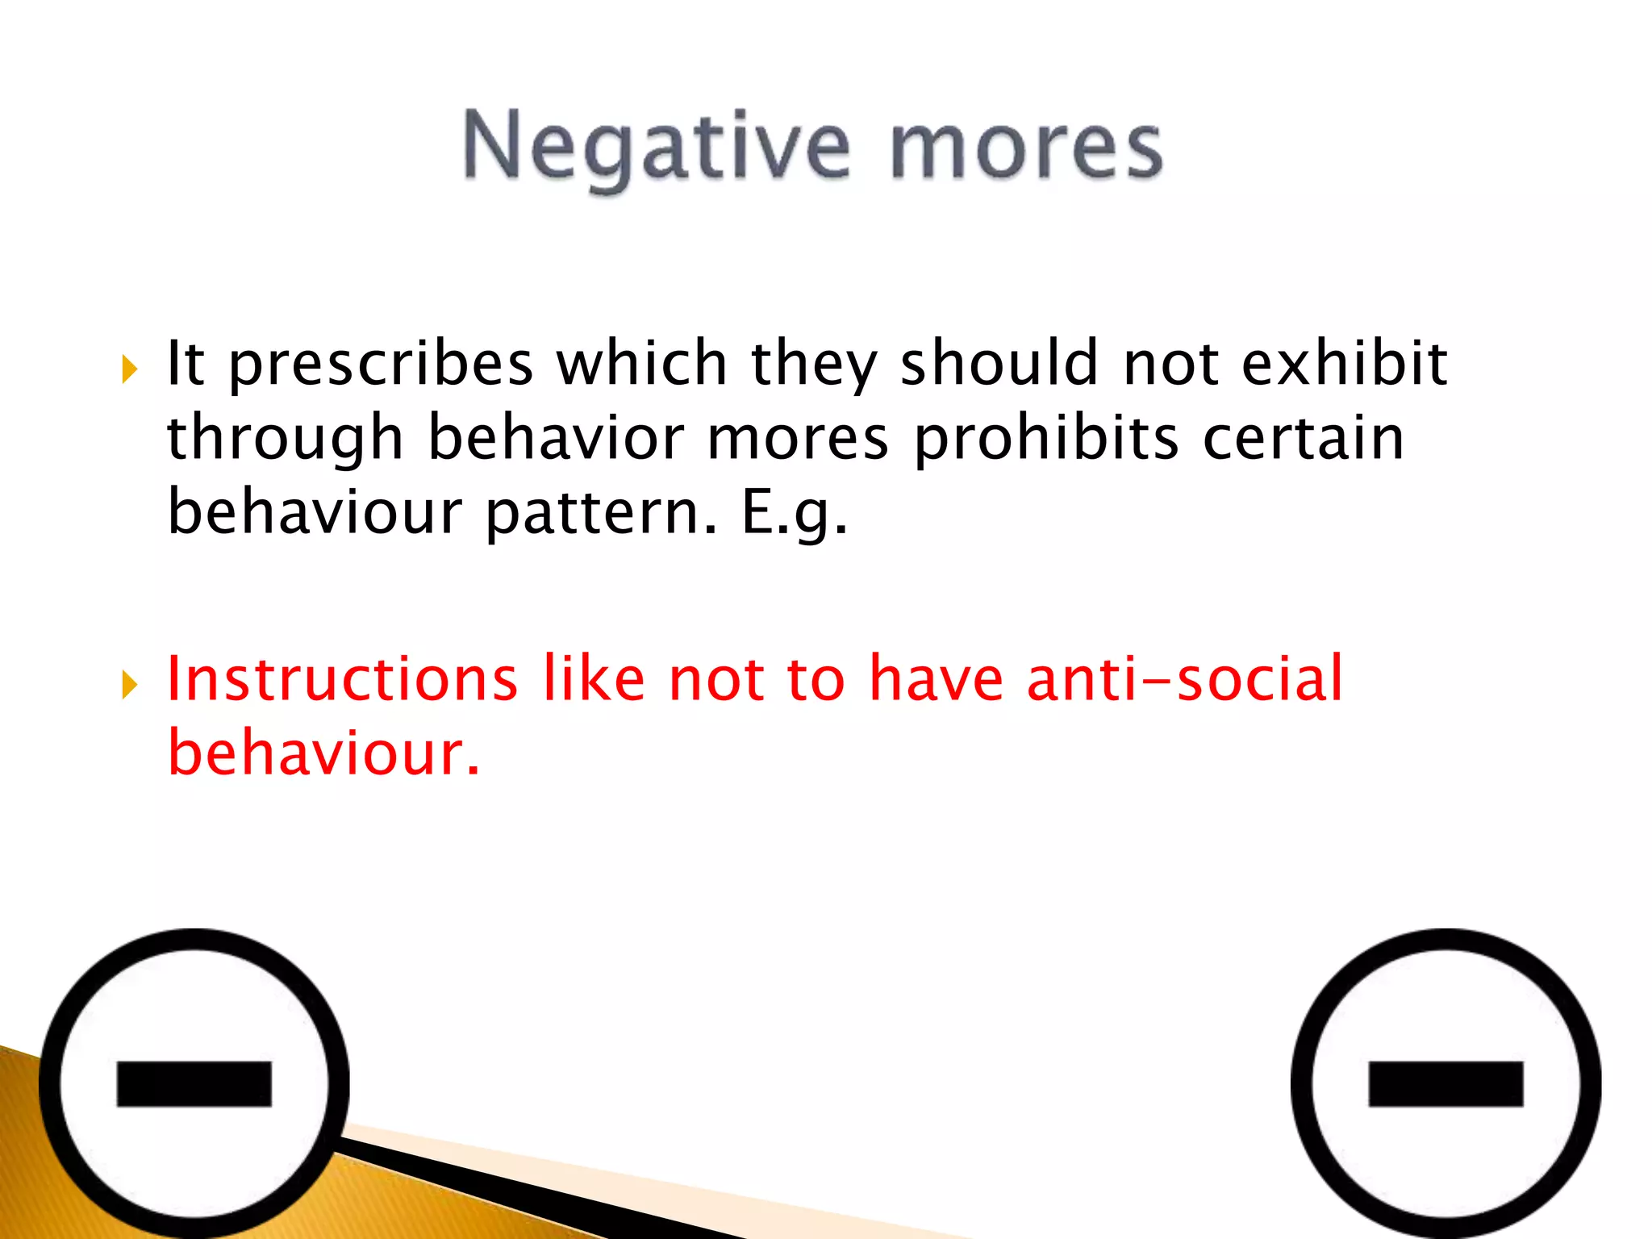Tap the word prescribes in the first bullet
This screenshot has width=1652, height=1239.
381,365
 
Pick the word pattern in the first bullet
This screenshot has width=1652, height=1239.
601,514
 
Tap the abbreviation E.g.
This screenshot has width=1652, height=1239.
795,514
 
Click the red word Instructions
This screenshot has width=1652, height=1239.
342,678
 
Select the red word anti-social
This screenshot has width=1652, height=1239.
1185,678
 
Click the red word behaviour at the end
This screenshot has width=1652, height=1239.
323,753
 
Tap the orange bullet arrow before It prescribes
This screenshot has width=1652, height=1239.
130,369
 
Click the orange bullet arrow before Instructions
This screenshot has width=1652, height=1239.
130,685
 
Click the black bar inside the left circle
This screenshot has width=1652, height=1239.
194,1083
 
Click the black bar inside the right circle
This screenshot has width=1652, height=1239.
1445,1083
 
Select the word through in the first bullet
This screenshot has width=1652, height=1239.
285,440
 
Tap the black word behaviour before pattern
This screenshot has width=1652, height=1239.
315,512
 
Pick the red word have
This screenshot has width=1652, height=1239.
936,678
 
